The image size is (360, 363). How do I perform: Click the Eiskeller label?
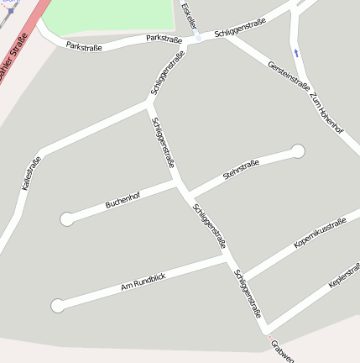pyautogui.click(x=189, y=14)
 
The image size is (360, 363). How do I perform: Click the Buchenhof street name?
pyautogui.click(x=123, y=200)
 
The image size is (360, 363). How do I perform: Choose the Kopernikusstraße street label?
pyautogui.click(x=320, y=234)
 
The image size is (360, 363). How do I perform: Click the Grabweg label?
pyautogui.click(x=282, y=352)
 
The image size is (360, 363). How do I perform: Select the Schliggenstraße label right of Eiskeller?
pyautogui.click(x=240, y=28)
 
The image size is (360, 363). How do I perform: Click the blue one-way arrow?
pyautogui.click(x=296, y=53)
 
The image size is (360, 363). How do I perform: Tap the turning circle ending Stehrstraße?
pyautogui.click(x=297, y=151)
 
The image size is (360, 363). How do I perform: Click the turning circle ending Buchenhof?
pyautogui.click(x=66, y=219)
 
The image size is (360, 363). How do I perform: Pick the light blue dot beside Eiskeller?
pyautogui.click(x=198, y=38)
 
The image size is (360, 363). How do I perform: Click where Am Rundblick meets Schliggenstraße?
pyautogui.click(x=228, y=259)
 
